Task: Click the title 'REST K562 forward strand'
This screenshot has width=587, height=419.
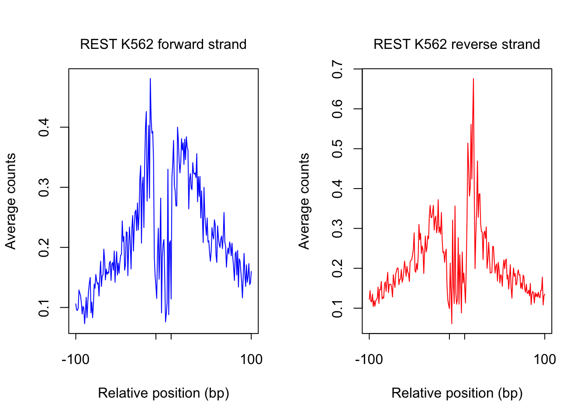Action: click(163, 45)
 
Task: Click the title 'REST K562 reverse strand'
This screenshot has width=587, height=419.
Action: click(456, 45)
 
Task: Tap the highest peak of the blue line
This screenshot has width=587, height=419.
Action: click(150, 79)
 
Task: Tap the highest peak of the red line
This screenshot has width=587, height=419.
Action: click(473, 79)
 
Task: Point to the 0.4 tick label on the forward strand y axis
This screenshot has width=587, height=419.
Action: click(44, 127)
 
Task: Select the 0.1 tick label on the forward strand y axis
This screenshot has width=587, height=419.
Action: click(44, 308)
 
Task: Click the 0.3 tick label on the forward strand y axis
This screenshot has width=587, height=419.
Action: click(44, 188)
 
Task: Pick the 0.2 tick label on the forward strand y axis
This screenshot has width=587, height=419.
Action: click(44, 247)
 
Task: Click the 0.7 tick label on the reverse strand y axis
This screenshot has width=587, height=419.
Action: click(338, 69)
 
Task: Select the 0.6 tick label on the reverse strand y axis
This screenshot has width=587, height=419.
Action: click(338, 109)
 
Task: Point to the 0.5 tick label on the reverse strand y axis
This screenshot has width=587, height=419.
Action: click(338, 149)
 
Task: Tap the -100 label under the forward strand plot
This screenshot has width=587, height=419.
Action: click(76, 360)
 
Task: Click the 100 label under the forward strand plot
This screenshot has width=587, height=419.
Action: click(251, 360)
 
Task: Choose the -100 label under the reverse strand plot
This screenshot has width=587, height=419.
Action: click(369, 360)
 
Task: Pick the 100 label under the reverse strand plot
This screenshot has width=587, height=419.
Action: click(545, 360)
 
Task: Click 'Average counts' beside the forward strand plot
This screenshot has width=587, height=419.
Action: click(10, 201)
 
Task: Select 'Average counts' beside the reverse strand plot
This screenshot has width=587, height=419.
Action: click(304, 201)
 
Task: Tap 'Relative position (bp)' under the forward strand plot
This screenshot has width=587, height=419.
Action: click(163, 393)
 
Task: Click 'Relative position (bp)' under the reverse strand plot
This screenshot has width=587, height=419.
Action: click(457, 393)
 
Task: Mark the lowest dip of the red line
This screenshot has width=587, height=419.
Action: click(452, 323)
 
